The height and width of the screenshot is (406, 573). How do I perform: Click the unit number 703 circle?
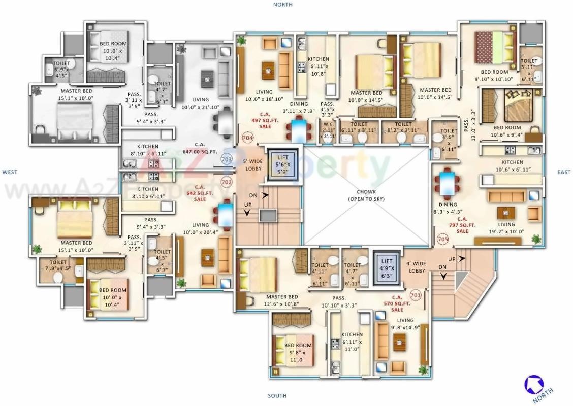[x=227, y=160]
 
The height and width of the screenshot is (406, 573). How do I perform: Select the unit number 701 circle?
[x=415, y=294]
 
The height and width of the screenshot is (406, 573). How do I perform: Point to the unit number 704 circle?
[x=247, y=138]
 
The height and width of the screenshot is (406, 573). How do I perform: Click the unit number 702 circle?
[x=227, y=182]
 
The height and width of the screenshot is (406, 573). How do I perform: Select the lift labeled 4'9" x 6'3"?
[x=387, y=264]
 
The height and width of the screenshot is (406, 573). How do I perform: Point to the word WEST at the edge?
[x=10, y=172]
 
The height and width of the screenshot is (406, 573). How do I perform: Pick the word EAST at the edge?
[x=564, y=172]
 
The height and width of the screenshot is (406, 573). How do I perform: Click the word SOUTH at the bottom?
[x=277, y=396]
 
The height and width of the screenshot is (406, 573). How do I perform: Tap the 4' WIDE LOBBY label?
[x=417, y=267]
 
